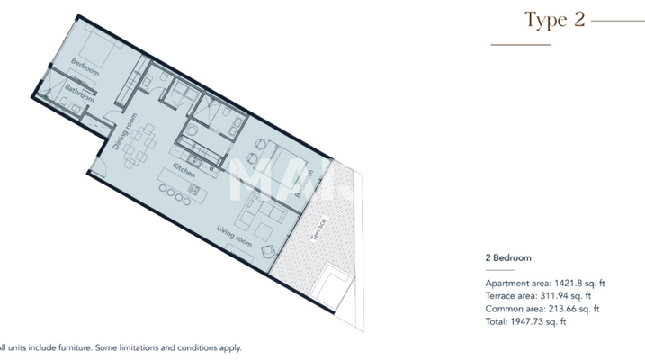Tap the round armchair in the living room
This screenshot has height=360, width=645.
[266, 249]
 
